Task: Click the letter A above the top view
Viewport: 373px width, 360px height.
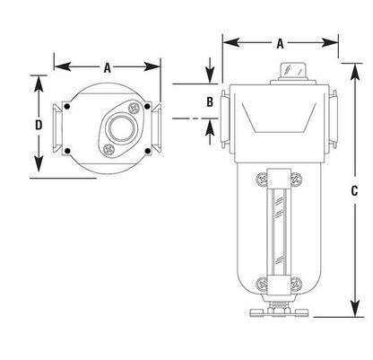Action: point(108,67)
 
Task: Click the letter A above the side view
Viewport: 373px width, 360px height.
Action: point(280,44)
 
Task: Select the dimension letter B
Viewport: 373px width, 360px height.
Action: point(210,102)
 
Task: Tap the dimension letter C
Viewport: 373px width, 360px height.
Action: point(354,190)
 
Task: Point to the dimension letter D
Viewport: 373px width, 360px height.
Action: point(39,125)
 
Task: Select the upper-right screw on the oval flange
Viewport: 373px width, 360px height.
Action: point(134,108)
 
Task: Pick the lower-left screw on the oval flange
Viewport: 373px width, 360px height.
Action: point(108,149)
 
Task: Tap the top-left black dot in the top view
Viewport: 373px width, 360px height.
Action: point(67,106)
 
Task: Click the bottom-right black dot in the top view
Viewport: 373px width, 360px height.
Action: point(147,151)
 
